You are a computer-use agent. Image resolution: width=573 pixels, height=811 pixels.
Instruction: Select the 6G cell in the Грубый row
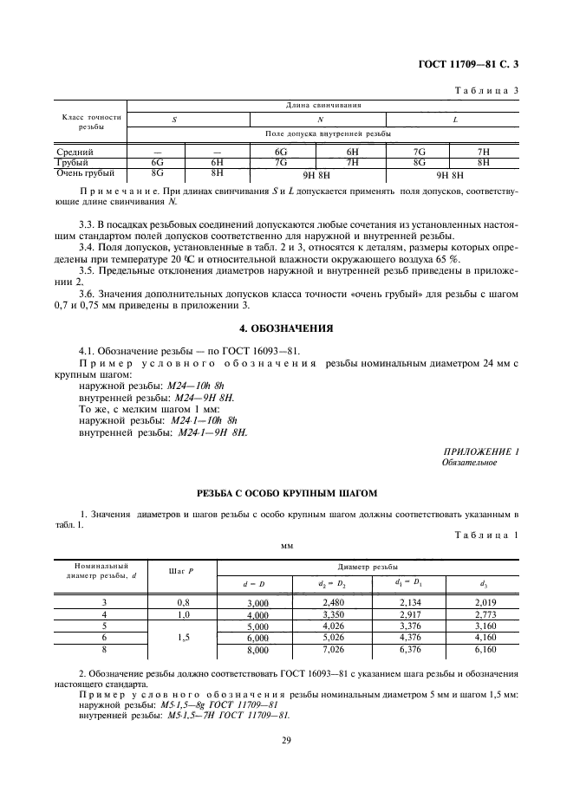point(157,162)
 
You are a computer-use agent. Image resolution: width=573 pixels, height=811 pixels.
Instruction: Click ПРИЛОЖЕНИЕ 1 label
point(480,451)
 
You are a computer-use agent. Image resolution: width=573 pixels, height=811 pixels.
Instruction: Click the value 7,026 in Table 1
point(333,648)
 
